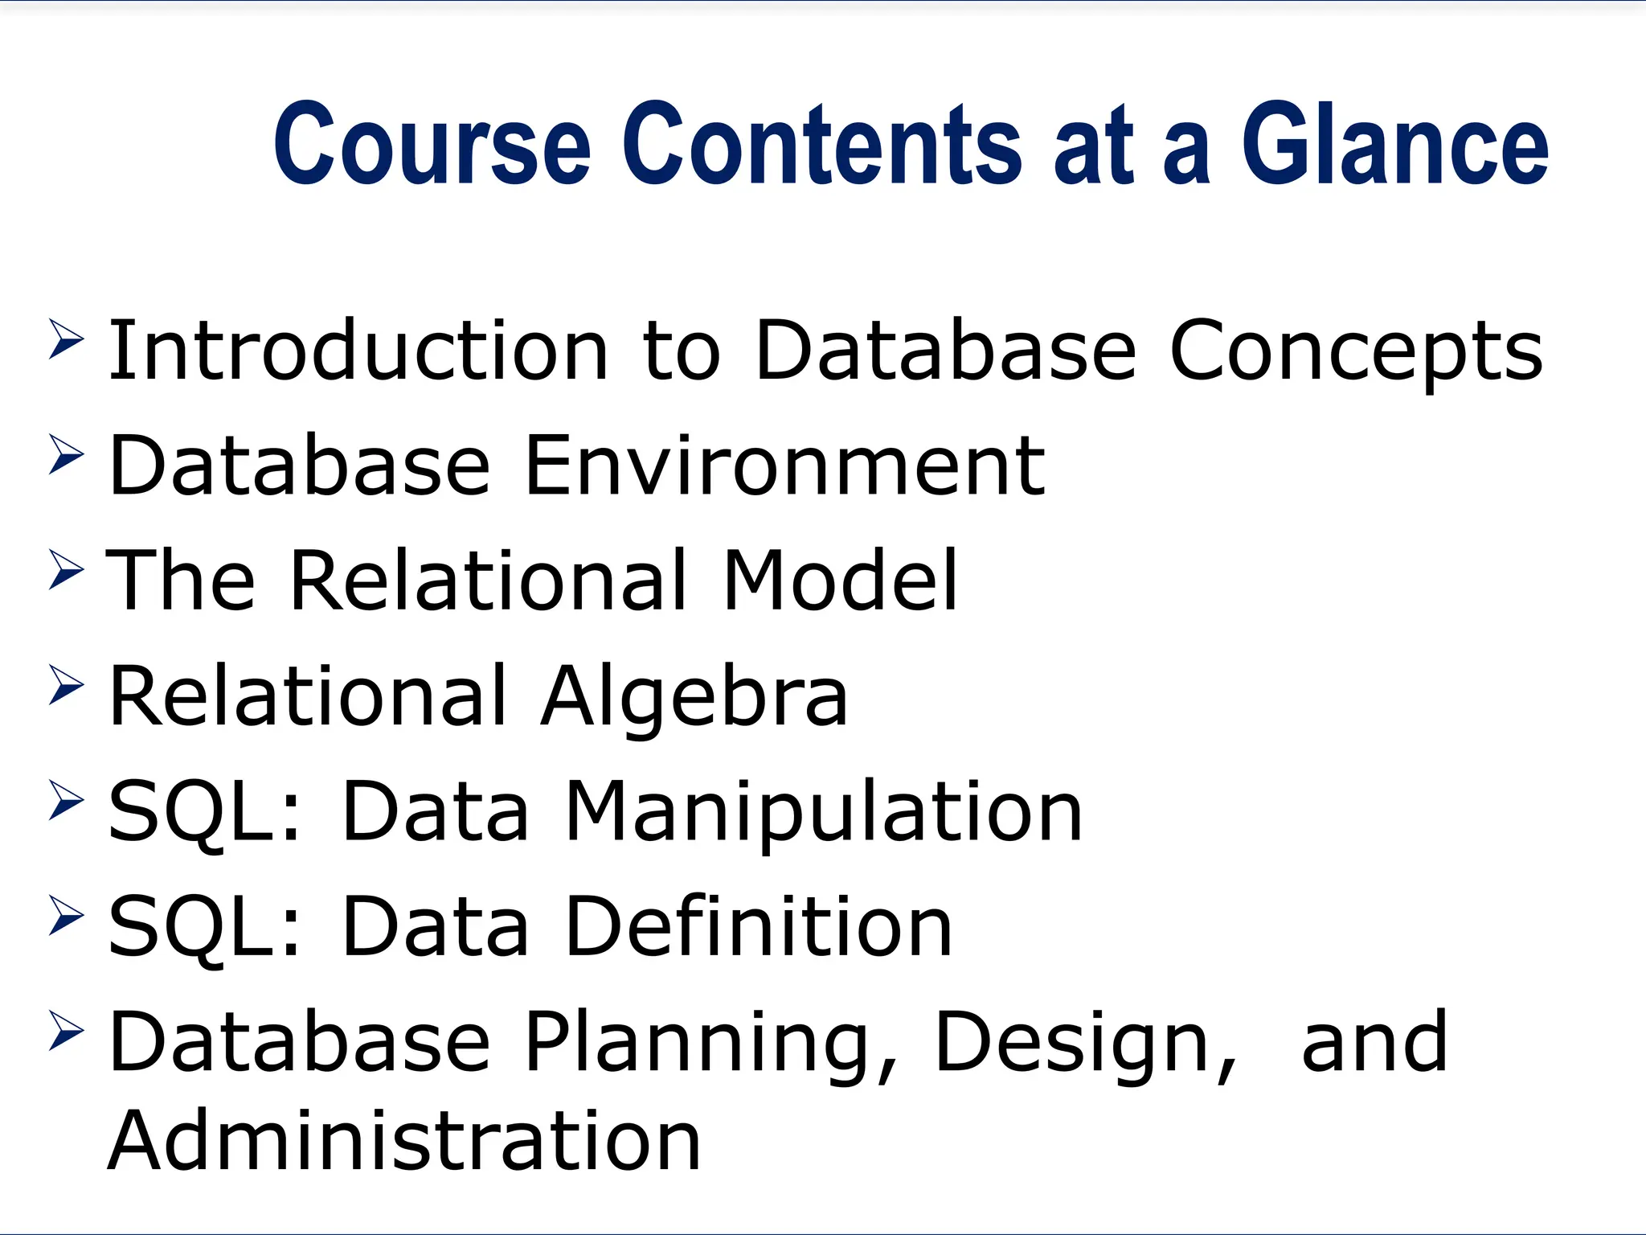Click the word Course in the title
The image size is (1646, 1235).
tap(432, 145)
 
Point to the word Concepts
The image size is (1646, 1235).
tap(1355, 351)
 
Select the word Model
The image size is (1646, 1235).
tap(839, 580)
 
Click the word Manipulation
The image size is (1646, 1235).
tap(824, 812)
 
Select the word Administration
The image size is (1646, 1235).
tap(404, 1139)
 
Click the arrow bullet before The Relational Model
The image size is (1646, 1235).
tap(67, 569)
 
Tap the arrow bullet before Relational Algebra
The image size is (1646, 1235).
tap(67, 684)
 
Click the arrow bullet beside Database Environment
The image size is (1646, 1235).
tap(67, 454)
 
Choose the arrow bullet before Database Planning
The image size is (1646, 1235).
tap(67, 1030)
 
